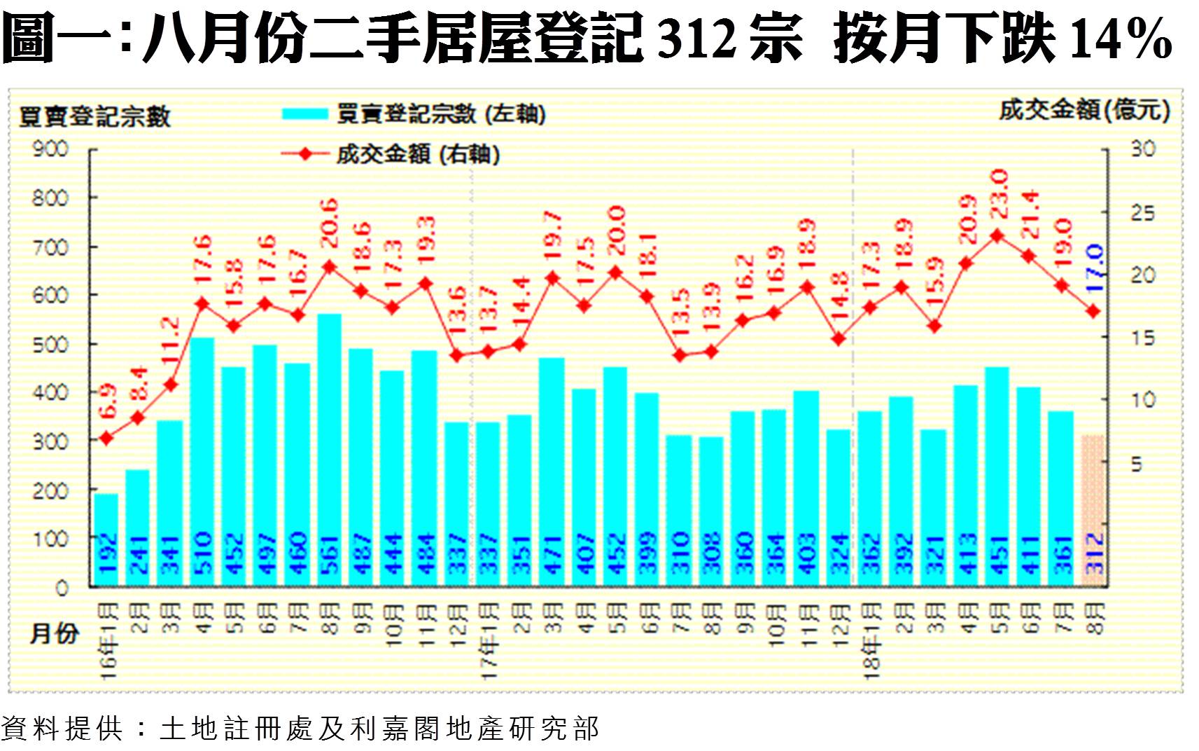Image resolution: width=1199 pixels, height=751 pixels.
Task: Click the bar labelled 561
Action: pyautogui.click(x=329, y=448)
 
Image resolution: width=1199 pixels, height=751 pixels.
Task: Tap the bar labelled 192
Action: pyautogui.click(x=106, y=539)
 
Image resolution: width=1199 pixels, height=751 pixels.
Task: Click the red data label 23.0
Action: pyautogui.click(x=999, y=194)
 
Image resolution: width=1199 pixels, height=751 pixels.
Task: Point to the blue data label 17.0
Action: pyautogui.click(x=1095, y=269)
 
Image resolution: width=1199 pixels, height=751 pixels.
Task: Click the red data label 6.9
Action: pyautogui.click(x=107, y=401)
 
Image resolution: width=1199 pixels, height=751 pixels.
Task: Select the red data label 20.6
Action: pyautogui.click(x=329, y=223)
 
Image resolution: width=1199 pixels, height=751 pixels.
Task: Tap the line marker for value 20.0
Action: pyautogui.click(x=616, y=273)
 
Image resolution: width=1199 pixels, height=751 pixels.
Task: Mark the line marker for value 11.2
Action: pyautogui.click(x=170, y=385)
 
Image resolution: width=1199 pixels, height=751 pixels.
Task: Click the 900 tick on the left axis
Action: pyautogui.click(x=50, y=149)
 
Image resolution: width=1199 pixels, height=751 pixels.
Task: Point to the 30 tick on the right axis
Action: pyautogui.click(x=1142, y=149)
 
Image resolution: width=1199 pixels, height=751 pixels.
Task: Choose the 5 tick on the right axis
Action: pyautogui.click(x=1137, y=464)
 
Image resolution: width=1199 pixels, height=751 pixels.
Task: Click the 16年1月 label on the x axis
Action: pyautogui.click(x=108, y=641)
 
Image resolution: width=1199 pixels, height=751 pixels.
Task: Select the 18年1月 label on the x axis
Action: pyautogui.click(x=871, y=641)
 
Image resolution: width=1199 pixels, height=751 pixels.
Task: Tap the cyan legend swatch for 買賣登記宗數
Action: pyautogui.click(x=304, y=113)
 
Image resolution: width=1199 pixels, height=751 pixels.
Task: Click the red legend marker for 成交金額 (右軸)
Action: pyautogui.click(x=305, y=154)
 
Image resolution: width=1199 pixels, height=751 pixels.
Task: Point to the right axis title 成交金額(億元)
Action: pyautogui.click(x=1084, y=110)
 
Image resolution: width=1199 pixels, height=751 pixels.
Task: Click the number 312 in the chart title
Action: pyautogui.click(x=697, y=39)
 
